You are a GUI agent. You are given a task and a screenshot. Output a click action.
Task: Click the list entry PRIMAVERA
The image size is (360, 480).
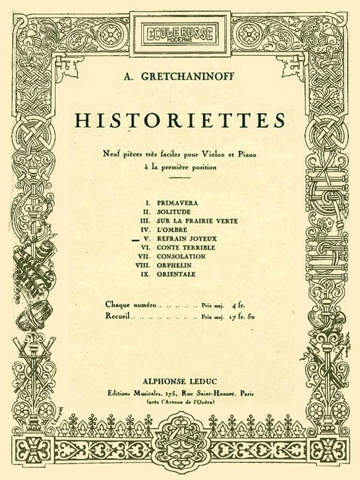tap(177, 204)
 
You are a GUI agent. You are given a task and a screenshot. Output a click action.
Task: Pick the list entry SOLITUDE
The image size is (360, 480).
tap(174, 213)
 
